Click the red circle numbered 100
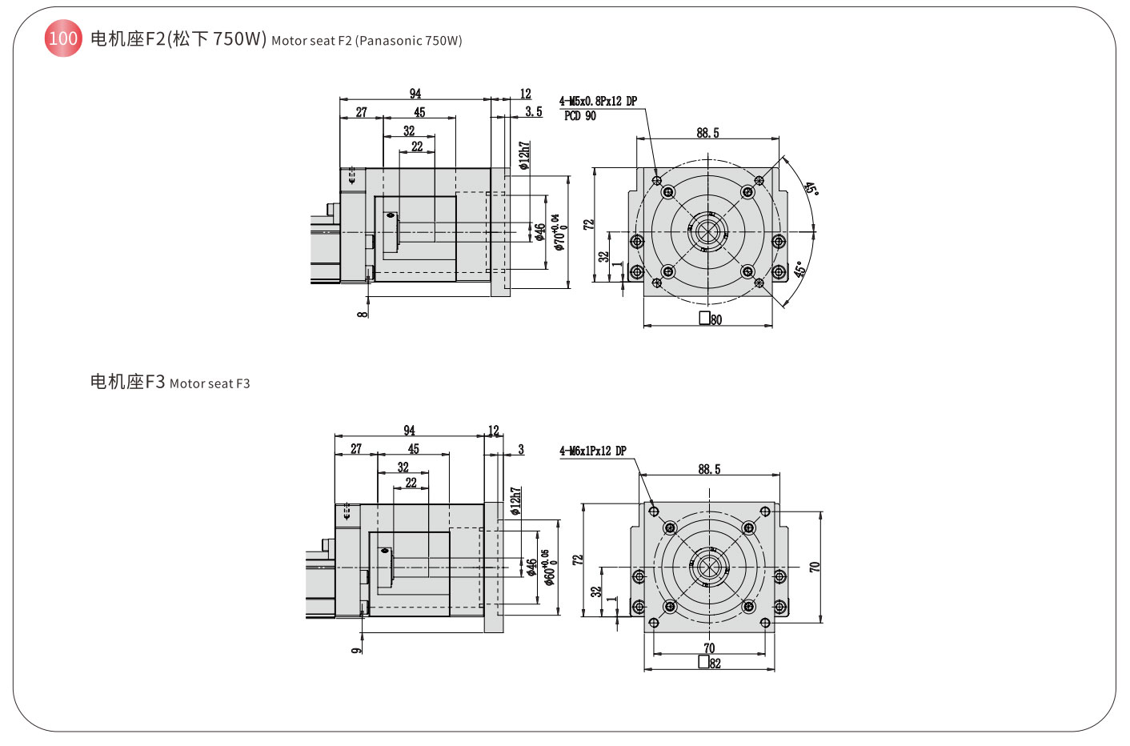(x=63, y=38)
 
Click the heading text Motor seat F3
(x=210, y=384)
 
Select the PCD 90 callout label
(x=580, y=116)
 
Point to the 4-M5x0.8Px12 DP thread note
(x=598, y=102)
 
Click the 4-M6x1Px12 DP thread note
(x=592, y=451)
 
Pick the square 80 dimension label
(x=711, y=319)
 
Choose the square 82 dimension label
(x=710, y=663)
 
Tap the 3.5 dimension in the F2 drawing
(x=534, y=112)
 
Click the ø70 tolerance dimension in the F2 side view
(x=560, y=232)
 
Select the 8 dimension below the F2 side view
(x=363, y=314)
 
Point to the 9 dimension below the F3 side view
(x=357, y=650)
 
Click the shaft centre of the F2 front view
(x=707, y=232)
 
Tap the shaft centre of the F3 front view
(x=709, y=567)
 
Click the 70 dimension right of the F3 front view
(x=815, y=566)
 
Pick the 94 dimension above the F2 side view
(x=415, y=94)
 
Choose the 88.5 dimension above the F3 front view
(x=709, y=469)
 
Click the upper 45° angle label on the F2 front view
(x=811, y=189)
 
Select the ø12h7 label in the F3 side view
(x=516, y=501)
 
